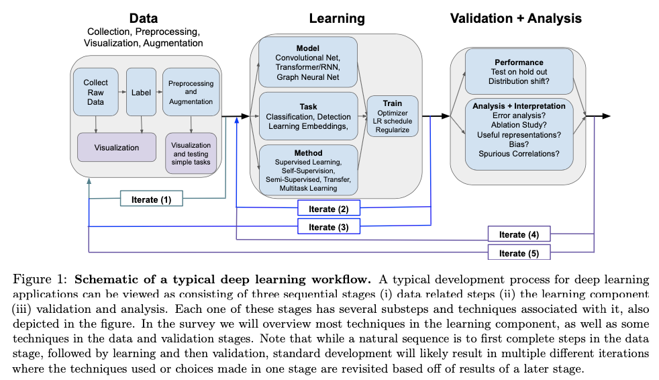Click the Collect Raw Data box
point(95,92)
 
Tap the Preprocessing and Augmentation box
point(191,92)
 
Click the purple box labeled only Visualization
point(117,147)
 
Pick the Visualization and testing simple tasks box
point(191,154)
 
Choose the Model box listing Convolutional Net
point(307,63)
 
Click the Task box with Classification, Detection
point(309,116)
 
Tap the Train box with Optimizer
point(393,116)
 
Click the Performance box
point(519,71)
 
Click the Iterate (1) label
point(151,199)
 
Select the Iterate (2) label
point(329,209)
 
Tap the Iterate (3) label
point(329,227)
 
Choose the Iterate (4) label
point(519,234)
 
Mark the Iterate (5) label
point(519,252)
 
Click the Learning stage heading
point(336,18)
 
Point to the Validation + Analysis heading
point(515,18)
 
